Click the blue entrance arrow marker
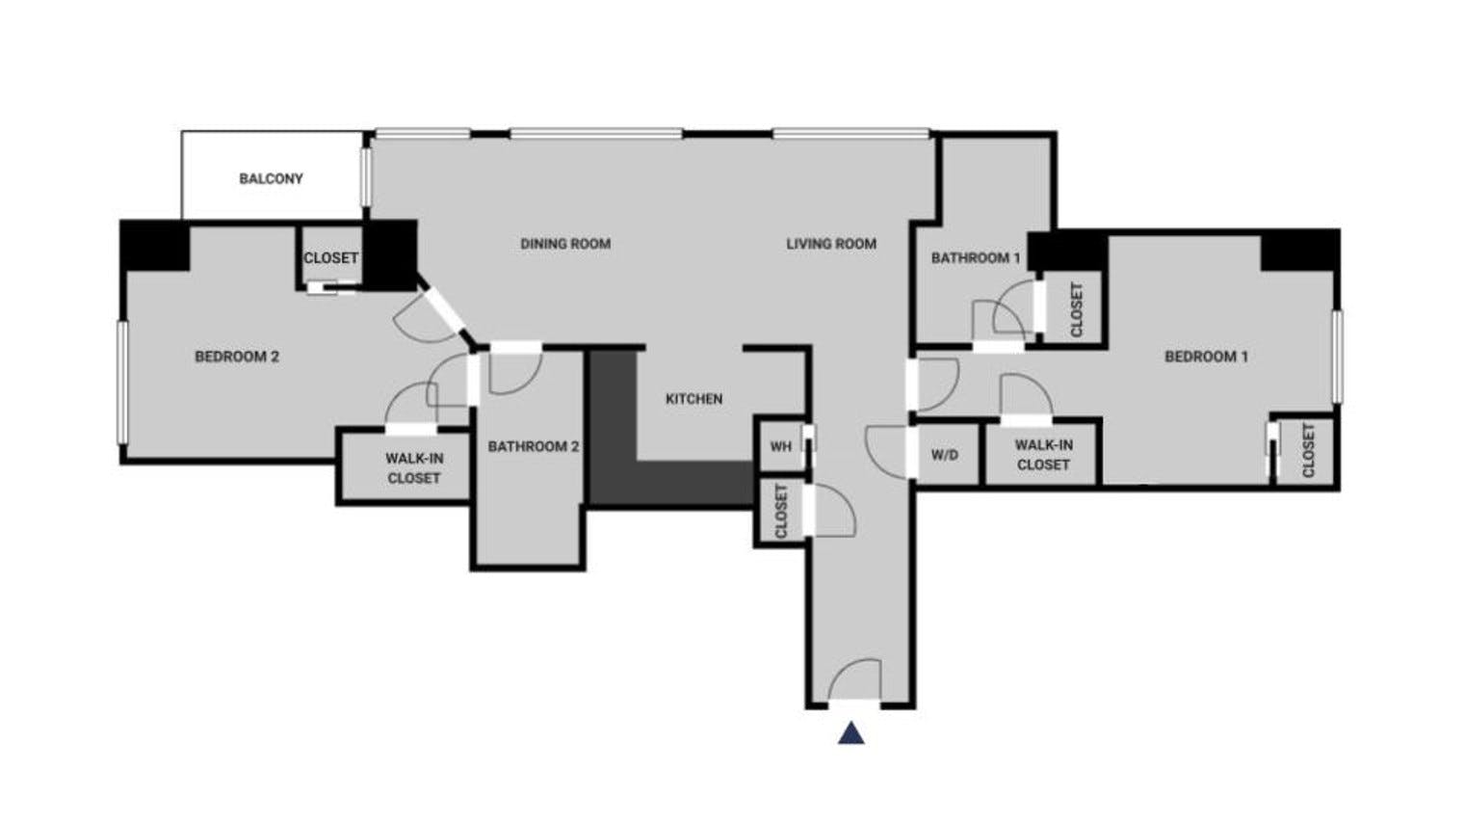pyautogui.click(x=851, y=733)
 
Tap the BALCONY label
pyautogui.click(x=271, y=178)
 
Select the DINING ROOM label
pyautogui.click(x=565, y=244)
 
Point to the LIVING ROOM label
pyautogui.click(x=830, y=244)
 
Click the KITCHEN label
pyautogui.click(x=694, y=399)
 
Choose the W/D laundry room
pyautogui.click(x=947, y=455)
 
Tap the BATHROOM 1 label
pyautogui.click(x=975, y=258)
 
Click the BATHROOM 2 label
pyautogui.click(x=534, y=446)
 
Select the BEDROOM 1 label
pyautogui.click(x=1207, y=357)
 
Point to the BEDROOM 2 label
pyautogui.click(x=237, y=357)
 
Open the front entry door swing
pyautogui.click(x=853, y=680)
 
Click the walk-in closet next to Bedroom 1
pyautogui.click(x=1043, y=455)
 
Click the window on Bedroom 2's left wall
pyautogui.click(x=122, y=383)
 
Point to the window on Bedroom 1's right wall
pyautogui.click(x=1337, y=357)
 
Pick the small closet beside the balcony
pyautogui.click(x=330, y=255)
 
